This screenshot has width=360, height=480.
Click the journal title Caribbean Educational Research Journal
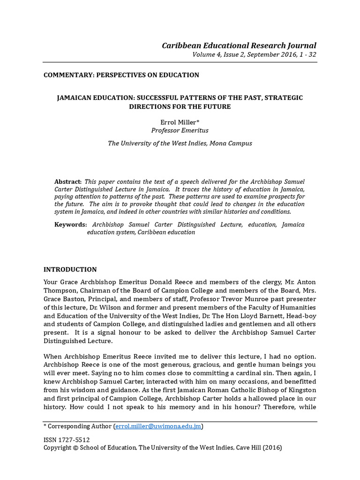[x=239, y=45]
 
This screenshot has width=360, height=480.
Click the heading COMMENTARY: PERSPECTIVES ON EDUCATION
[x=121, y=75]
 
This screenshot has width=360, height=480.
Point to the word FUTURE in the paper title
[x=217, y=106]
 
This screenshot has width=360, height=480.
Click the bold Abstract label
[x=68, y=181]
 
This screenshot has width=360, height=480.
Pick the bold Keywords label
[x=70, y=225]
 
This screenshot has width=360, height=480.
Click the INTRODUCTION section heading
[x=70, y=270]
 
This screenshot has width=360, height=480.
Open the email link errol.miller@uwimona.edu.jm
[x=158, y=427]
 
